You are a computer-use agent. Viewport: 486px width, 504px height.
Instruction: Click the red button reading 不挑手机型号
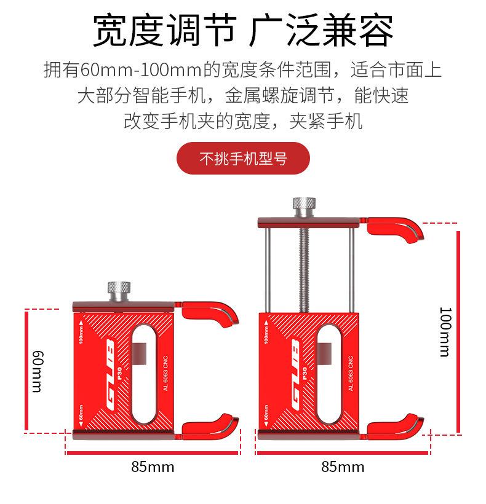(243, 159)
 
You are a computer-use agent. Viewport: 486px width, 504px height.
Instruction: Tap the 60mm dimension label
(38, 372)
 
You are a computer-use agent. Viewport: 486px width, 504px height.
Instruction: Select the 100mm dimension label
(444, 331)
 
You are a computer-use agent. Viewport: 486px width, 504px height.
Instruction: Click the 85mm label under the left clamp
(153, 467)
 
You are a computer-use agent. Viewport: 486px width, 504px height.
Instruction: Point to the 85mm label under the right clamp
(343, 467)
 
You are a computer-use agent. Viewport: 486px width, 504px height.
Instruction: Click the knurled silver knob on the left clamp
(119, 289)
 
